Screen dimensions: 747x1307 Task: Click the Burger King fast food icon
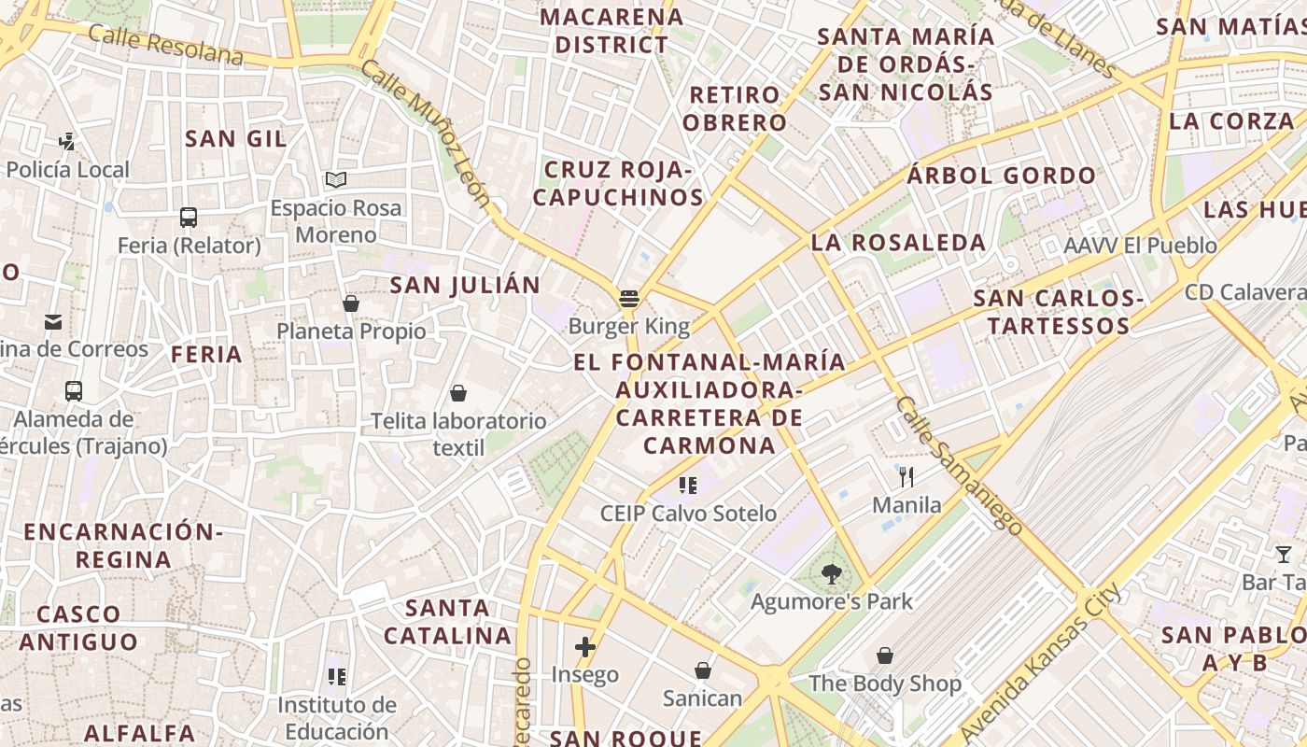click(x=629, y=299)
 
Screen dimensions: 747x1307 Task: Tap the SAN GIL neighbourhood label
click(x=236, y=138)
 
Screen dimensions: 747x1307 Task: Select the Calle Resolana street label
click(x=166, y=46)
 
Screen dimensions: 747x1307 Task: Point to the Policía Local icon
click(x=66, y=142)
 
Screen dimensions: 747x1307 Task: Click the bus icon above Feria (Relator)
click(x=189, y=218)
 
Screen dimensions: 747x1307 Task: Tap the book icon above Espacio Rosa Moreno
click(x=336, y=179)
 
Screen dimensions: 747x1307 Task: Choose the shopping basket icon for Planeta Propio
click(x=351, y=303)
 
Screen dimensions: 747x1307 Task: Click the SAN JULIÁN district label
click(x=465, y=285)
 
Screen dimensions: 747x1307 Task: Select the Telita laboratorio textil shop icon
click(x=457, y=393)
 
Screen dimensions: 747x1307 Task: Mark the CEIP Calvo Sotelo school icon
click(x=688, y=485)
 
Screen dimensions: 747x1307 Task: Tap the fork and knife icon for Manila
click(x=906, y=477)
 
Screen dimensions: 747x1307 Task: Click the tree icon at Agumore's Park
click(x=831, y=574)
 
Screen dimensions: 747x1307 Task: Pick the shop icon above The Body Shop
click(x=884, y=655)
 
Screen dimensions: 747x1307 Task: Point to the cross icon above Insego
click(x=584, y=646)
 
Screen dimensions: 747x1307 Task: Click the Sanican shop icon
click(x=702, y=670)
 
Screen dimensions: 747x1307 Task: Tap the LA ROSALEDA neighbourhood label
click(x=898, y=243)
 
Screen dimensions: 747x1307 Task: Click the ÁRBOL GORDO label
click(x=1002, y=176)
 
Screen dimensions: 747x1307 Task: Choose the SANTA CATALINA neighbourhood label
click(x=448, y=622)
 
